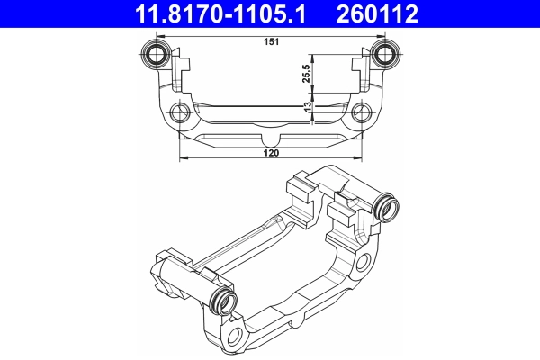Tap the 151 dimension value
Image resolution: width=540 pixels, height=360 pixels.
pos(270,40)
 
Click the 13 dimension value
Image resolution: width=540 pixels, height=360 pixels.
pos(308,106)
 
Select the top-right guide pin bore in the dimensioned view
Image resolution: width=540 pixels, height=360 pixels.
pos(387,51)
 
